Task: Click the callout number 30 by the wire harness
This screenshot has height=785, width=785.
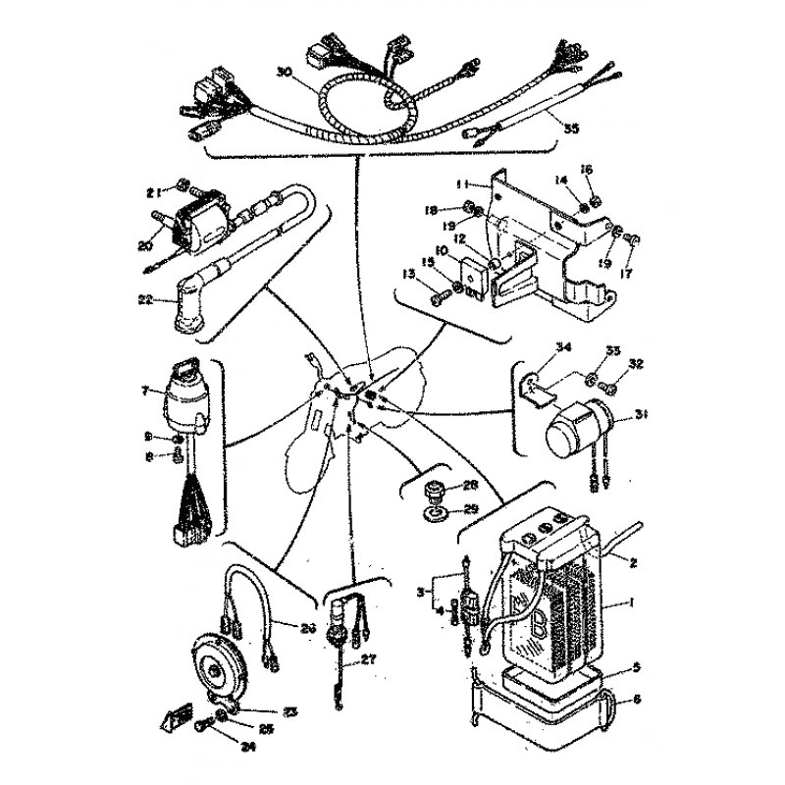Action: (284, 72)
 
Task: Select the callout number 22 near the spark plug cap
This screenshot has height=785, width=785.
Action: (146, 300)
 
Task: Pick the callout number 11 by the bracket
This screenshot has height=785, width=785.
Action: (459, 183)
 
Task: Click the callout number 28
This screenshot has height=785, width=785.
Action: (470, 485)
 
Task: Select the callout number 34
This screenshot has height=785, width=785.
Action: (562, 346)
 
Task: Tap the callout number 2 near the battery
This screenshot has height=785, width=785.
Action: (634, 562)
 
